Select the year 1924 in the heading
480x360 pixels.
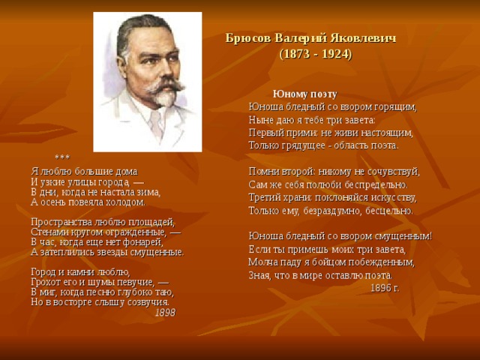click(335, 54)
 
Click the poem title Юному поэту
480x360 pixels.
click(305, 94)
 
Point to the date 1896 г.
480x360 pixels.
click(385, 288)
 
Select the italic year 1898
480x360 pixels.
click(165, 313)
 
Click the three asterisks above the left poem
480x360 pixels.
click(62, 157)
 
